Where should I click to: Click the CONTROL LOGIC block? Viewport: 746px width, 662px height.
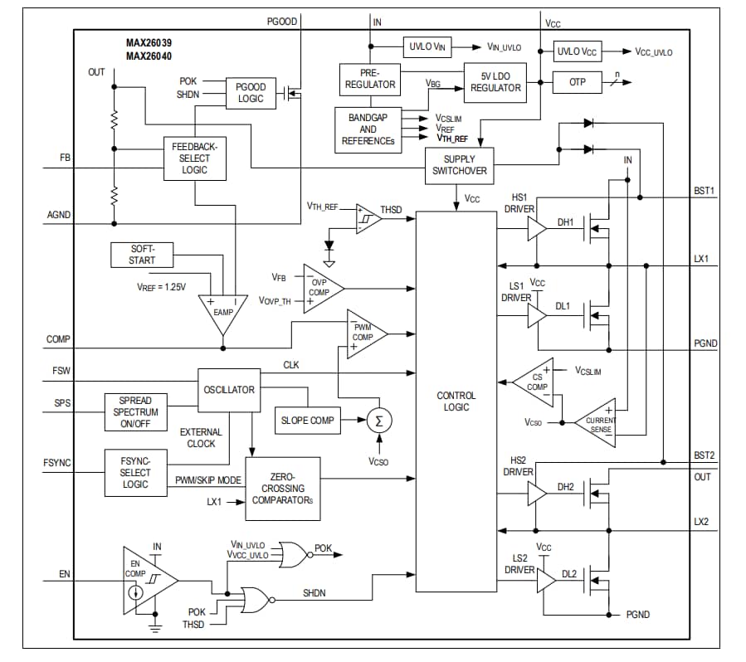coord(456,402)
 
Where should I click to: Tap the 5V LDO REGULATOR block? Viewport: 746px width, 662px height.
coord(495,83)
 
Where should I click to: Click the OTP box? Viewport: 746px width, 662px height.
coord(578,82)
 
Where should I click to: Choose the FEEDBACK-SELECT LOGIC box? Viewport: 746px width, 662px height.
coord(194,158)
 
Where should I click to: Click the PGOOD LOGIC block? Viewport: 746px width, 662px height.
coord(250,93)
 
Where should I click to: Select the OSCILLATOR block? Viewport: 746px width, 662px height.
coord(229,390)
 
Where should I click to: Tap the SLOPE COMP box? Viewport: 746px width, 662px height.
coord(306,421)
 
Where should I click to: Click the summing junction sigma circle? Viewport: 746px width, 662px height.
coord(379,421)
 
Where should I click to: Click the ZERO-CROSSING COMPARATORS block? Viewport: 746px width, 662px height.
coord(283,489)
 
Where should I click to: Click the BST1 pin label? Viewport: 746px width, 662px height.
coord(705,191)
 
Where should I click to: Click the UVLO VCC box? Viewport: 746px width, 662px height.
coord(578,51)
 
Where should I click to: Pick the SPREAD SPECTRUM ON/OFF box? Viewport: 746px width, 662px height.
coord(134,412)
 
